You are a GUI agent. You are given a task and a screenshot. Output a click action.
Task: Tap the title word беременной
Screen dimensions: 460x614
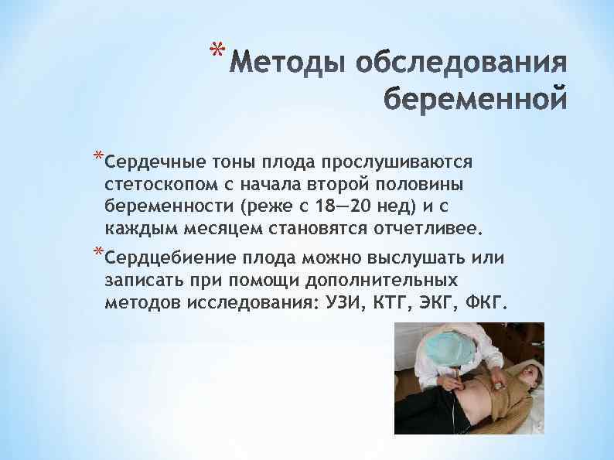click(x=475, y=101)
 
